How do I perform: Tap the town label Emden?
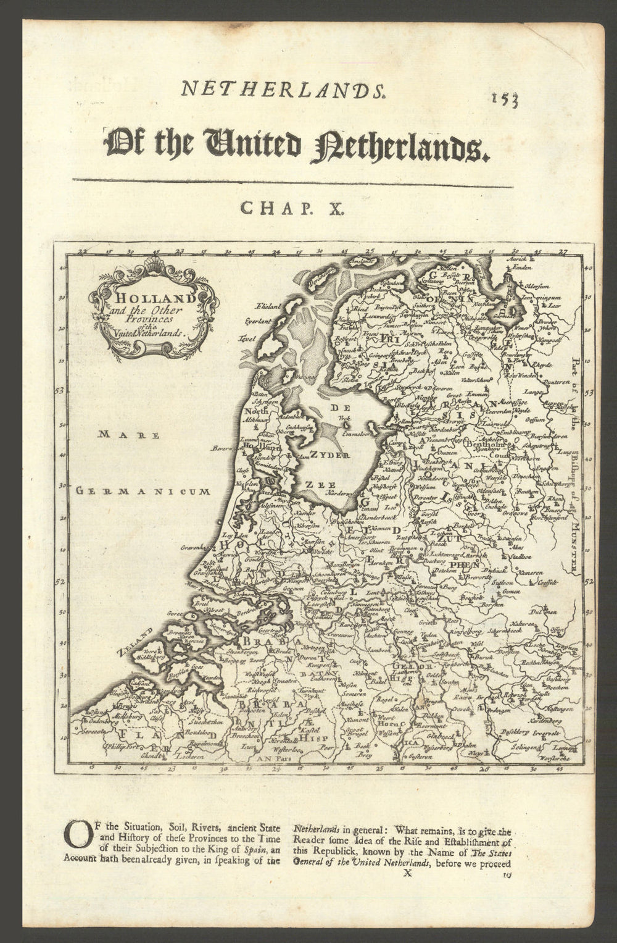(521, 267)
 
